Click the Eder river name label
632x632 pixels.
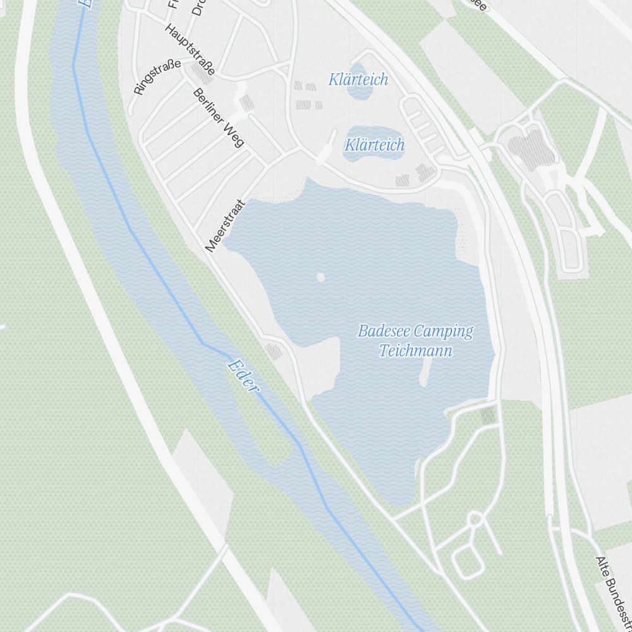point(243,375)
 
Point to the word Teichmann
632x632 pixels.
point(416,351)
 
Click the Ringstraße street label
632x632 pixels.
point(157,77)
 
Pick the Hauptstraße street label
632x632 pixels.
point(190,49)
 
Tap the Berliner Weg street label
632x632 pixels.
point(218,117)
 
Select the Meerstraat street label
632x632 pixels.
point(225,226)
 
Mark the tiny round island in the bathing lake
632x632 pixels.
point(320,277)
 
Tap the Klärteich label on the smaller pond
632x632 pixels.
point(358,80)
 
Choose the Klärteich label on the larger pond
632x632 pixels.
point(374,145)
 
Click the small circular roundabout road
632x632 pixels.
point(475,520)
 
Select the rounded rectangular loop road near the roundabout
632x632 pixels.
point(467,561)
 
